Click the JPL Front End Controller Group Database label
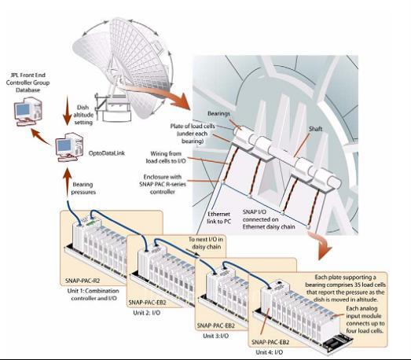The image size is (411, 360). click(28, 83)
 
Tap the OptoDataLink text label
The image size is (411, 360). click(107, 153)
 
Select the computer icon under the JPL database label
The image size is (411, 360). click(28, 111)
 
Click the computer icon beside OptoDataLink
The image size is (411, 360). click(69, 147)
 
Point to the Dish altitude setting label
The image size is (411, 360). click(83, 115)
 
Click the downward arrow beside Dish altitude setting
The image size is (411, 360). click(67, 110)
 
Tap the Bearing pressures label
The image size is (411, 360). click(83, 189)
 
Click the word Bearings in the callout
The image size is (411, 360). click(218, 113)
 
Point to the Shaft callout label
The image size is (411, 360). click(315, 129)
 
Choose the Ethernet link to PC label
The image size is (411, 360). click(218, 218)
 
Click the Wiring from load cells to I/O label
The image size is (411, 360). click(166, 157)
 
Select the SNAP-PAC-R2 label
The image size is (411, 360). click(83, 281)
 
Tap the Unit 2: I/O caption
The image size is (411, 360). click(147, 313)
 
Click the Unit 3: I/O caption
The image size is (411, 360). click(216, 336)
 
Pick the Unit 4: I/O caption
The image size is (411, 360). click(270, 352)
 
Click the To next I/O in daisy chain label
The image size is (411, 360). click(206, 243)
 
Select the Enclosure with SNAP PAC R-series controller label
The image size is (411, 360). click(163, 184)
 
